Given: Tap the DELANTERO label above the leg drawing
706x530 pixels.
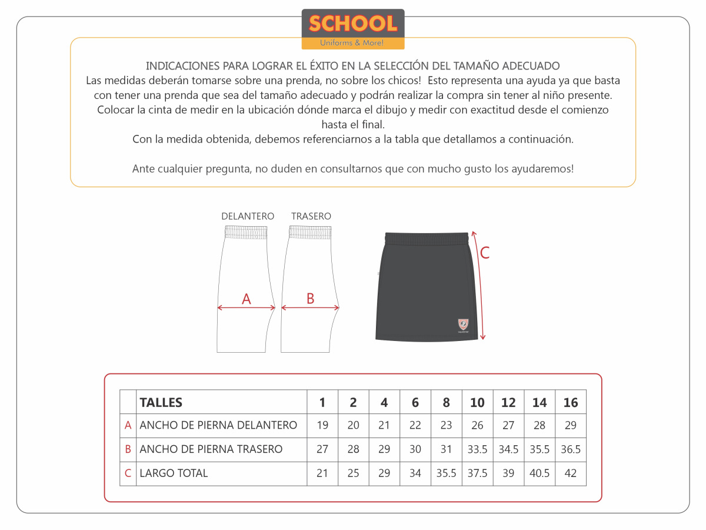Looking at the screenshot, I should pyautogui.click(x=248, y=216).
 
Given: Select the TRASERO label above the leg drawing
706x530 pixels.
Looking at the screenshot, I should pyautogui.click(x=311, y=216).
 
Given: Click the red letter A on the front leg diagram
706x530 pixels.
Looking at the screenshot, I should pyautogui.click(x=247, y=299).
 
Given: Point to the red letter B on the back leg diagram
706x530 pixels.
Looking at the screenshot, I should pyautogui.click(x=311, y=299).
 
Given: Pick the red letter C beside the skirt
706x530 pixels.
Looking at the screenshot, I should pyautogui.click(x=485, y=253).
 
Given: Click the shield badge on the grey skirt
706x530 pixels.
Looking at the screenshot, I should pyautogui.click(x=464, y=323).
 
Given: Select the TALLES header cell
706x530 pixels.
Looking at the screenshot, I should pyautogui.click(x=161, y=402).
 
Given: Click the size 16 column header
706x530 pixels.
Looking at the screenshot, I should pyautogui.click(x=571, y=402).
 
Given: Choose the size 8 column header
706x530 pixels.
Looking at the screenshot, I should pyautogui.click(x=446, y=402).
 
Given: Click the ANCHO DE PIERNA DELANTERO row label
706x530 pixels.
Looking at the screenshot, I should pyautogui.click(x=218, y=425).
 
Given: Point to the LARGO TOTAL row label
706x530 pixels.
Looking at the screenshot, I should pyautogui.click(x=174, y=473).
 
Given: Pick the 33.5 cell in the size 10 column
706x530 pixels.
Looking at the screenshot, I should pyautogui.click(x=477, y=449).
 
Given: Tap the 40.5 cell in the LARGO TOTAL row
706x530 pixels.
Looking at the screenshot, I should pyautogui.click(x=540, y=473).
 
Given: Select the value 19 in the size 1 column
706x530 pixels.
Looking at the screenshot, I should pyautogui.click(x=322, y=425).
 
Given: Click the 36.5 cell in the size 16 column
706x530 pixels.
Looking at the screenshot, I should pyautogui.click(x=571, y=449).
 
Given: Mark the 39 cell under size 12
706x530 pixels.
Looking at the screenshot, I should pyautogui.click(x=508, y=473).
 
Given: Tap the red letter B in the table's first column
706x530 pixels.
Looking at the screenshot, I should pyautogui.click(x=128, y=449).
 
